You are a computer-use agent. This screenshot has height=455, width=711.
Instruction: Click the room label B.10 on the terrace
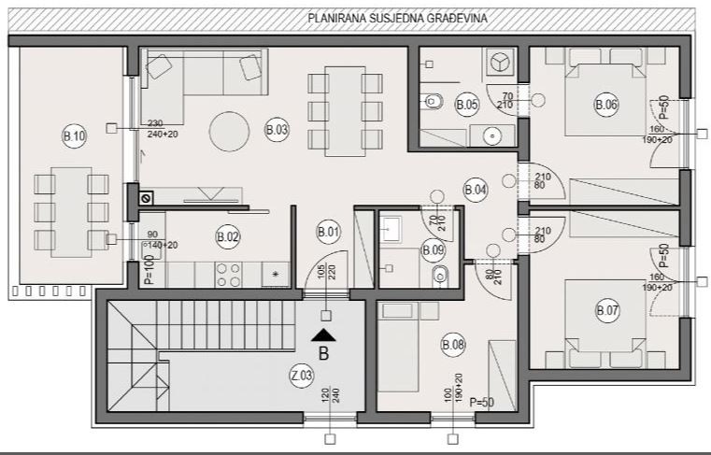click(74, 136)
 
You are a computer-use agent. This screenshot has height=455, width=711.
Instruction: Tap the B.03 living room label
click(276, 131)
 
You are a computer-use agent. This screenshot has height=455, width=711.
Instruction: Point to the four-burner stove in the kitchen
click(228, 275)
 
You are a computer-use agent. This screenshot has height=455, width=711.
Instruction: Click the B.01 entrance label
click(327, 232)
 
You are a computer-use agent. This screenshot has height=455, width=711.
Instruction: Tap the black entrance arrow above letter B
click(324, 335)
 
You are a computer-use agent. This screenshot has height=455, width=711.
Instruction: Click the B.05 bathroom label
click(467, 106)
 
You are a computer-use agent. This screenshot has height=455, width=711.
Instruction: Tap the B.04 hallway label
click(475, 190)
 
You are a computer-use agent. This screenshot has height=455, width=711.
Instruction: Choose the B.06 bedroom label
click(606, 106)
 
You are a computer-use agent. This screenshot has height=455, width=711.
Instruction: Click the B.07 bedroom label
click(606, 307)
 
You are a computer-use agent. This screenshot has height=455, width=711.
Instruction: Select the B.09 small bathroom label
click(433, 249)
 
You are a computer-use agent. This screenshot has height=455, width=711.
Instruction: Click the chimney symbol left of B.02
click(145, 198)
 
